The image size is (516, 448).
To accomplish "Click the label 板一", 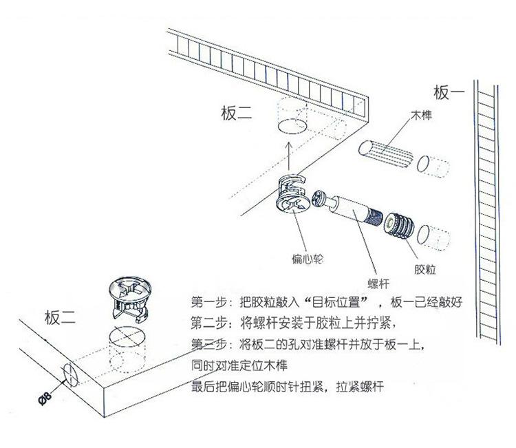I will click(450, 92).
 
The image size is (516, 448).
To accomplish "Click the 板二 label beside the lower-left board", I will click(62, 317).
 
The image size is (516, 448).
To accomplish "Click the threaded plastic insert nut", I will click(399, 226).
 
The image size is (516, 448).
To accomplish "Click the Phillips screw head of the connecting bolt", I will click(319, 200).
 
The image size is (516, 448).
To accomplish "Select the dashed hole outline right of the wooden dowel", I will click(436, 168).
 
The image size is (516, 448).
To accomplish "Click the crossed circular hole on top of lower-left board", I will click(129, 342).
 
